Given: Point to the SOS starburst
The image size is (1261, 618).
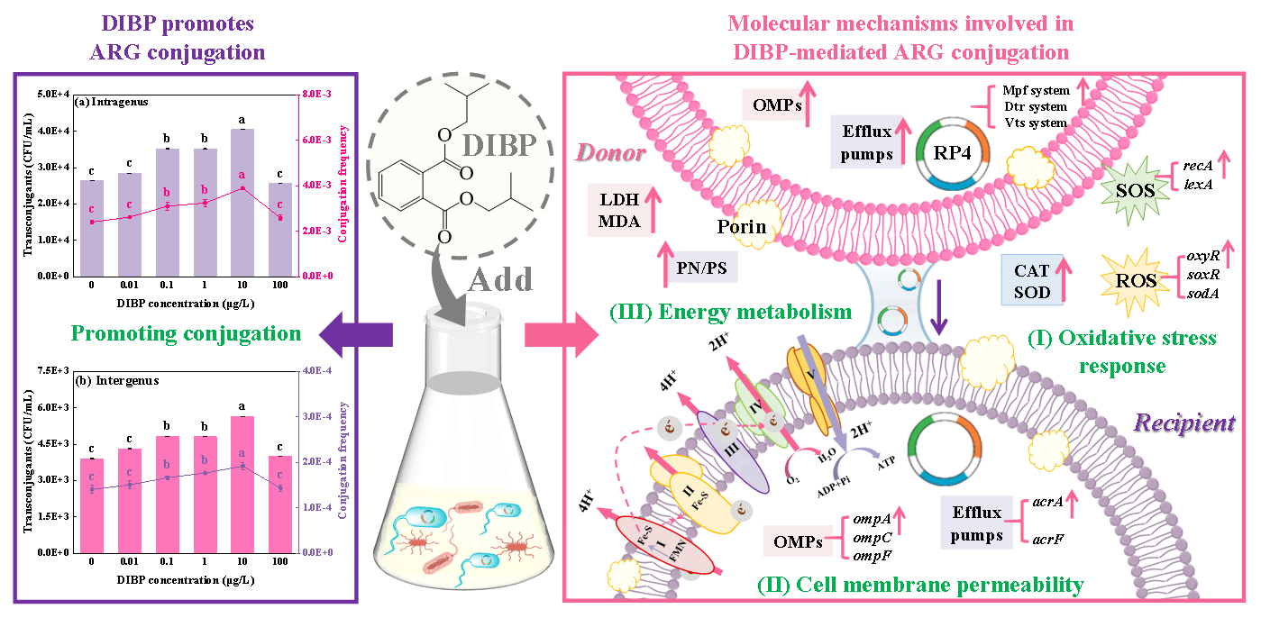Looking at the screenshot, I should tap(1138, 187).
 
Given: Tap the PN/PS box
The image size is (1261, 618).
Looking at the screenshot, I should tap(702, 267).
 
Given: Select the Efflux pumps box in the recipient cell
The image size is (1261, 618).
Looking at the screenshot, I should tap(976, 523).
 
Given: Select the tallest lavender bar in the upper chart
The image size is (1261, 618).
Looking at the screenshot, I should tap(242, 203).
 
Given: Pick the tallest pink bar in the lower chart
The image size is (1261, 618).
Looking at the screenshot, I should tap(242, 485).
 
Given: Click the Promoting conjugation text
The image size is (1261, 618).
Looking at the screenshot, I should tap(186, 333).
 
